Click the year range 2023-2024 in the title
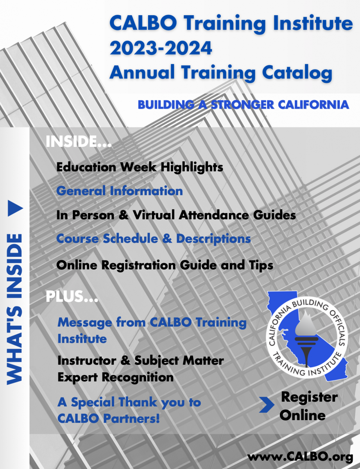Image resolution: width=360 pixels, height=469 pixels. pyautogui.click(x=161, y=48)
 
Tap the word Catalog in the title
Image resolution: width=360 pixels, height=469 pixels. pyautogui.click(x=297, y=73)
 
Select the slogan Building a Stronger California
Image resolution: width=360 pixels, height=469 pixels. pyautogui.click(x=244, y=105)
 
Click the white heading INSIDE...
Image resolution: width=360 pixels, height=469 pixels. pyautogui.click(x=78, y=141)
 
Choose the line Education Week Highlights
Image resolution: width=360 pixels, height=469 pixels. pyautogui.click(x=140, y=167)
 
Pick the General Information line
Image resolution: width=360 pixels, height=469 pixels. pyautogui.click(x=120, y=191)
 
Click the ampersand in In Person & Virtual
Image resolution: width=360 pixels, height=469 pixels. pyautogui.click(x=123, y=215)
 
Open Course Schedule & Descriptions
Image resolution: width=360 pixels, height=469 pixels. pyautogui.click(x=154, y=239)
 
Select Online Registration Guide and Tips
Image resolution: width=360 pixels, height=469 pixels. pyautogui.click(x=165, y=265)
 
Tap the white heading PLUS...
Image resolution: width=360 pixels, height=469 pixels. pyautogui.click(x=72, y=296)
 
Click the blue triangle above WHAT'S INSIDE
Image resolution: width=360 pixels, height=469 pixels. pyautogui.click(x=15, y=208)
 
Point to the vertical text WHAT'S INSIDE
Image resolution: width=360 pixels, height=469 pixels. pyautogui.click(x=15, y=310)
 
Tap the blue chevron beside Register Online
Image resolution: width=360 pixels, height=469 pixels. pyautogui.click(x=267, y=405)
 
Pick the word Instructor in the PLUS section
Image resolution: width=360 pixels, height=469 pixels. pyautogui.click(x=87, y=361)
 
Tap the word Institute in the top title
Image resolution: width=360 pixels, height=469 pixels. pyautogui.click(x=313, y=23)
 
